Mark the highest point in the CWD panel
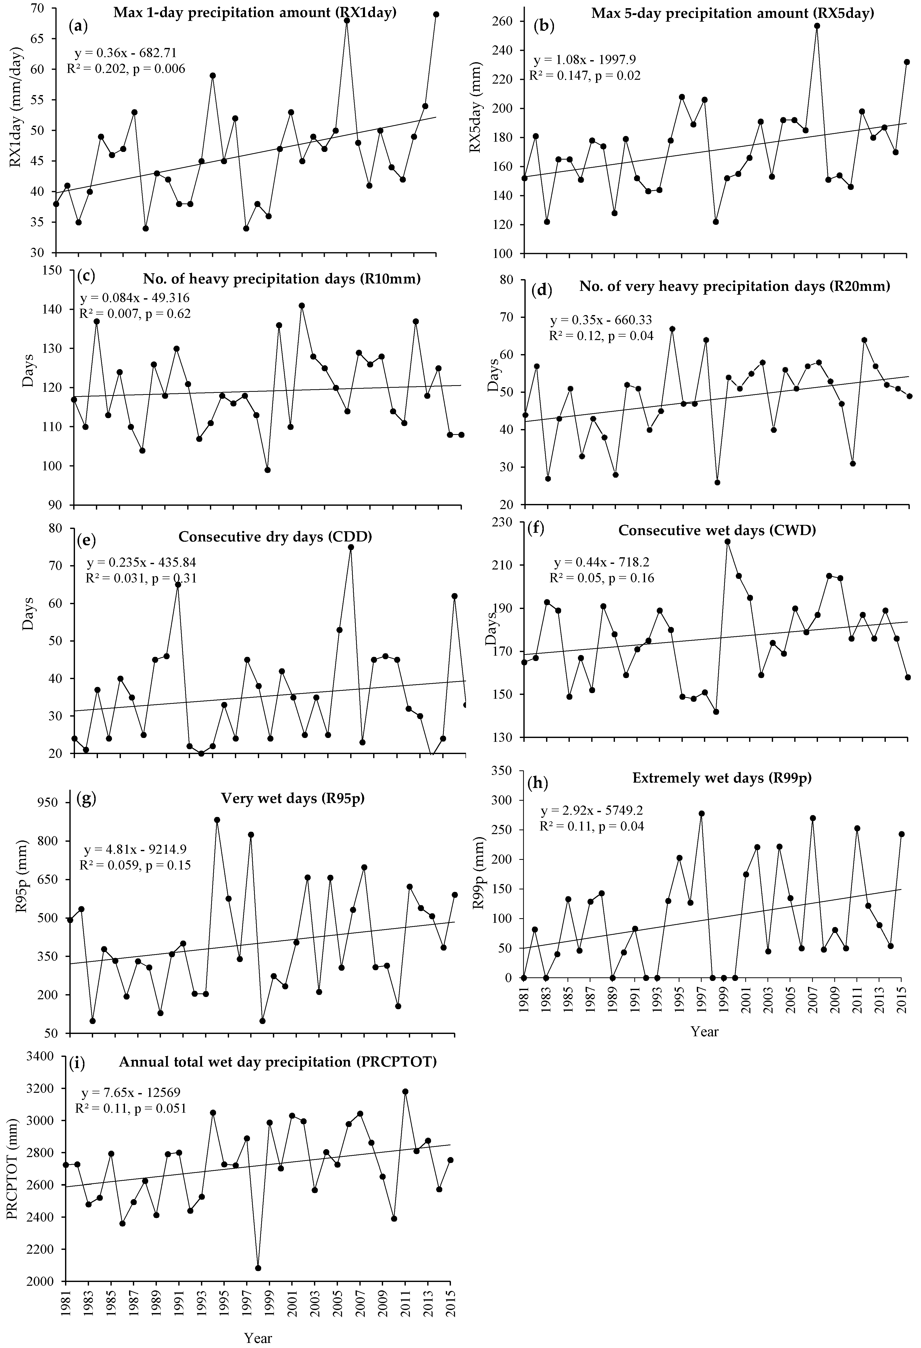(x=727, y=541)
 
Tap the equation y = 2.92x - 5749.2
(x=591, y=810)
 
